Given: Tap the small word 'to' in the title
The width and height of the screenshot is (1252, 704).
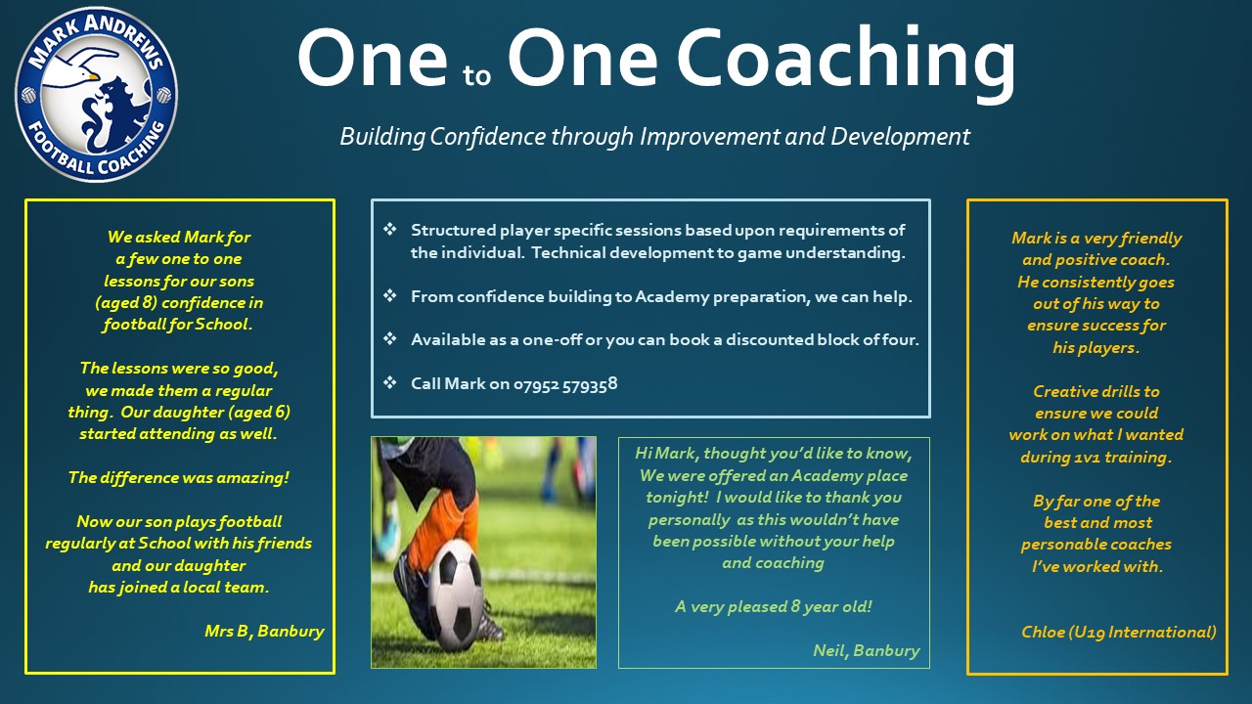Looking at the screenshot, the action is pos(476,76).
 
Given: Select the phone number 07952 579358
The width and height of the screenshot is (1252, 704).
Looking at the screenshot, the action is pos(565,384).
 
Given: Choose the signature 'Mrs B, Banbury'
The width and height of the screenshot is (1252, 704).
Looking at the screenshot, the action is pos(264,632).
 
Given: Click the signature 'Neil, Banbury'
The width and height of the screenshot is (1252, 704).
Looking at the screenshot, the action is pos(867,651).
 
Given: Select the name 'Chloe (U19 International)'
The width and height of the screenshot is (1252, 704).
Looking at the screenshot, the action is pos(1118,632).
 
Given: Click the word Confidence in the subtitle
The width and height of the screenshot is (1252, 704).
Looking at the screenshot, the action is pos(488,137).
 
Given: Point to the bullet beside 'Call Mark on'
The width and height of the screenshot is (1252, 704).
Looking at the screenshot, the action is pos(389,382).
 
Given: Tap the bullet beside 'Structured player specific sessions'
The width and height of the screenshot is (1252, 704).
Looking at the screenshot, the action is pos(389,229).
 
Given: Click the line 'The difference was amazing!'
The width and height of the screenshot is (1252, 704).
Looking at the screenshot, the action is pos(179,478).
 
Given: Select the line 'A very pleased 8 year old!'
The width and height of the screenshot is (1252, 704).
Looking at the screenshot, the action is pos(774,607).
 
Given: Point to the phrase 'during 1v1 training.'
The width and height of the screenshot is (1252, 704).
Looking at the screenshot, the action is pos(1096,457).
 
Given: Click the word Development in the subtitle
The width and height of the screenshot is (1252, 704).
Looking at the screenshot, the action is pos(900,137).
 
